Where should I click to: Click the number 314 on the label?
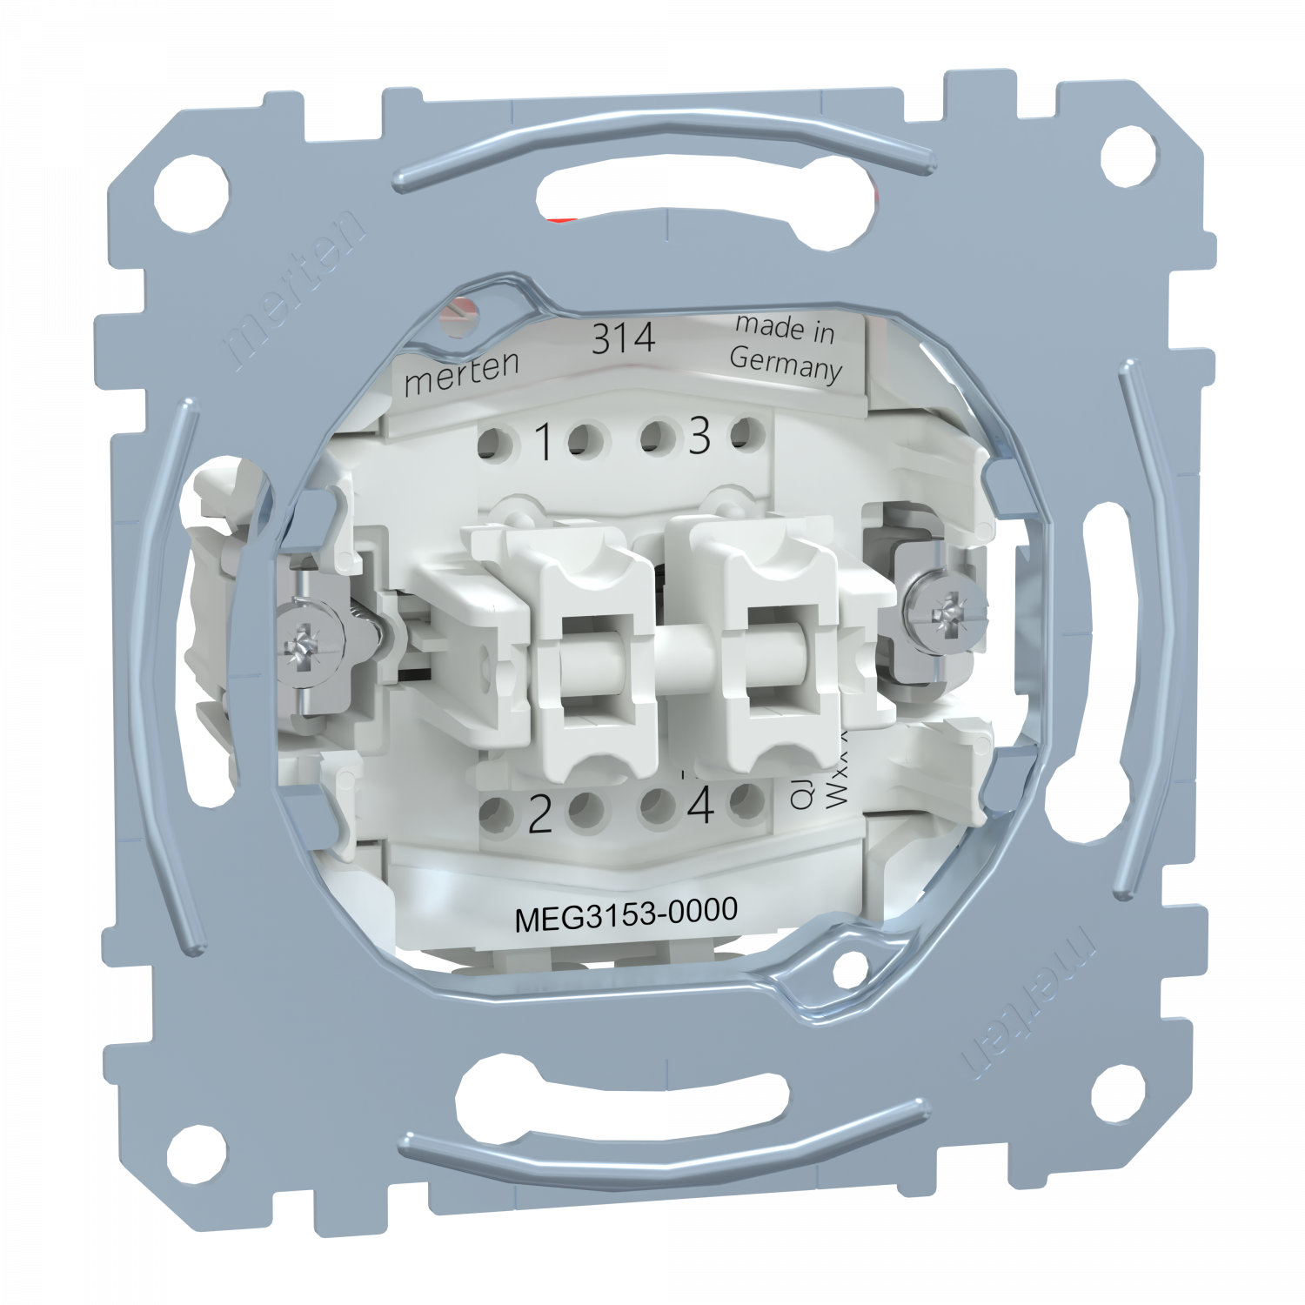(623, 338)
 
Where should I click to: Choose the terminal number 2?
(540, 816)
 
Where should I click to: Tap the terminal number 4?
(699, 808)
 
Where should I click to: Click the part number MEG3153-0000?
(626, 916)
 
